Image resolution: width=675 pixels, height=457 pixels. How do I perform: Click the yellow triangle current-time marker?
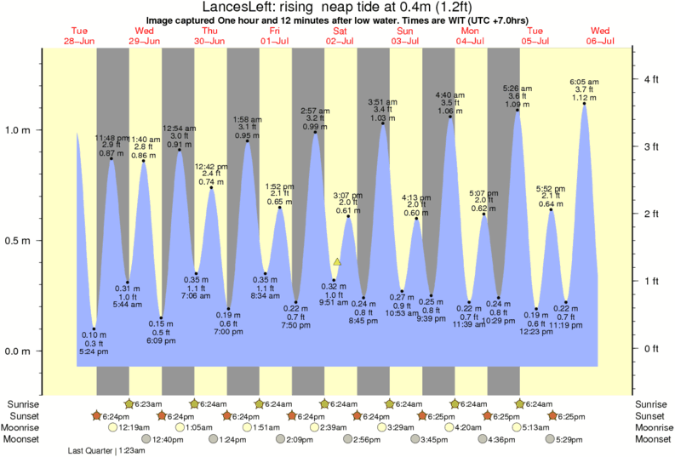coord(338,262)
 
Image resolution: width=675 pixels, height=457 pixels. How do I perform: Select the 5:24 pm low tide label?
coord(94,351)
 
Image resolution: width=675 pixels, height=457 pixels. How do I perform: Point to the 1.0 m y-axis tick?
coord(19,130)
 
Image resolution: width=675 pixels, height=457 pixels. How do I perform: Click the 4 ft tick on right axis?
coord(652,79)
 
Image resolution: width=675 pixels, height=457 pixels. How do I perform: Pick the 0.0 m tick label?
coord(19,351)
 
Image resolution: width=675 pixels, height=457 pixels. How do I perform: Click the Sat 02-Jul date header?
coord(340,36)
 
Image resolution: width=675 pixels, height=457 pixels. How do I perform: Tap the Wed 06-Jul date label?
coord(600,36)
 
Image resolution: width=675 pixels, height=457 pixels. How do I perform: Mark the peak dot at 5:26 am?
coord(518,110)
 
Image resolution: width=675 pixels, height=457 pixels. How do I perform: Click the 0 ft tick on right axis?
coord(652,348)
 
